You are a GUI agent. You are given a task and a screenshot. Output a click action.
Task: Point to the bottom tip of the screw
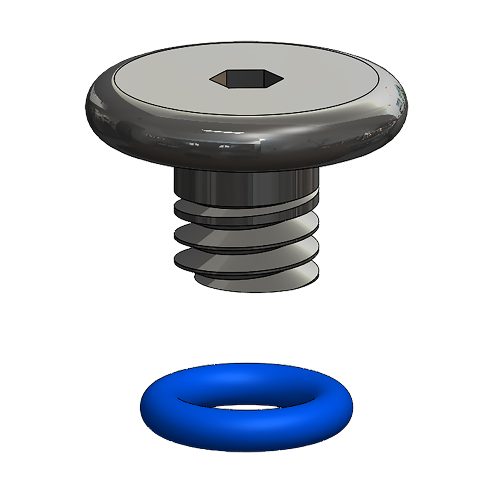(255, 283)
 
